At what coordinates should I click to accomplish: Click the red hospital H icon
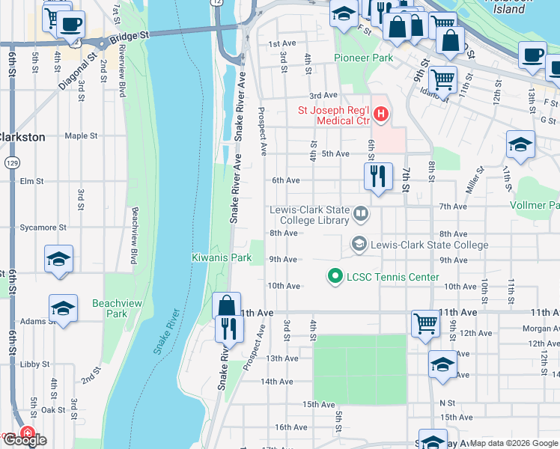tap(382, 114)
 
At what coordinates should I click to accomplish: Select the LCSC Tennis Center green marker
tap(335, 277)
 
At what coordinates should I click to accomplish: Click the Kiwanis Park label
tap(220, 258)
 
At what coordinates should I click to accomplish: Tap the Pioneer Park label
tap(363, 58)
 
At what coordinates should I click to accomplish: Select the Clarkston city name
tap(23, 137)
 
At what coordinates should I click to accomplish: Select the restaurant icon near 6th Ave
tap(378, 177)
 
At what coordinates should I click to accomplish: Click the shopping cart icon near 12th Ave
tap(424, 323)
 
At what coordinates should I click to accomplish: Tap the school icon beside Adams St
tap(64, 308)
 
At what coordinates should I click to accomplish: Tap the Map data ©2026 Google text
tap(514, 443)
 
